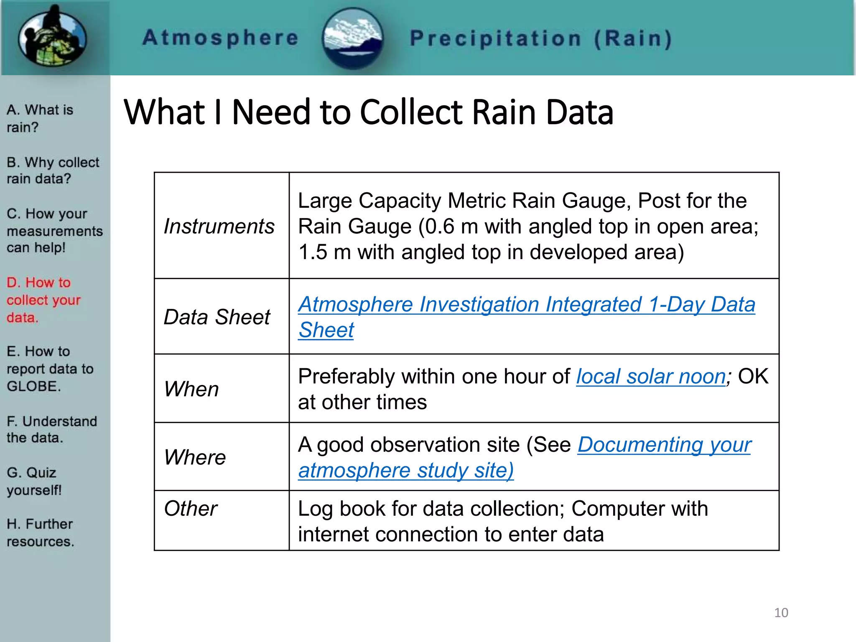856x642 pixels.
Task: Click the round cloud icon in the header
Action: click(353, 38)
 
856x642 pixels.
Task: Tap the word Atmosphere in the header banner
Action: click(220, 38)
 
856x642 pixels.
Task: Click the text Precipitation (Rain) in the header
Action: click(541, 39)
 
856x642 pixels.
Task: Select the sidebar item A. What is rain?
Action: click(40, 118)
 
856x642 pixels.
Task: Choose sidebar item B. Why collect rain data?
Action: click(53, 170)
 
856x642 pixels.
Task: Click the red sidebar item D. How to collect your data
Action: click(43, 300)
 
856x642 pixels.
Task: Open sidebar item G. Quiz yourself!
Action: click(34, 481)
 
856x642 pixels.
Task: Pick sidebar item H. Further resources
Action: click(40, 532)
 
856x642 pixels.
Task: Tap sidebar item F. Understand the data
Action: click(51, 429)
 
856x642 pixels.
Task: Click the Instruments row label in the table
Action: click(219, 226)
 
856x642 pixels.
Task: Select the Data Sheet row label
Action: click(217, 317)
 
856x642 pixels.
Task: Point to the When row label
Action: click(191, 389)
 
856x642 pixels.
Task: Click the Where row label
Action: click(195, 457)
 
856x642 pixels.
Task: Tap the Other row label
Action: click(191, 509)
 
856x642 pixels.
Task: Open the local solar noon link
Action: click(651, 377)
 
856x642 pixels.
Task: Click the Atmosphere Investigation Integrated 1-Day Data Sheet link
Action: click(526, 304)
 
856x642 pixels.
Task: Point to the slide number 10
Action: click(781, 613)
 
